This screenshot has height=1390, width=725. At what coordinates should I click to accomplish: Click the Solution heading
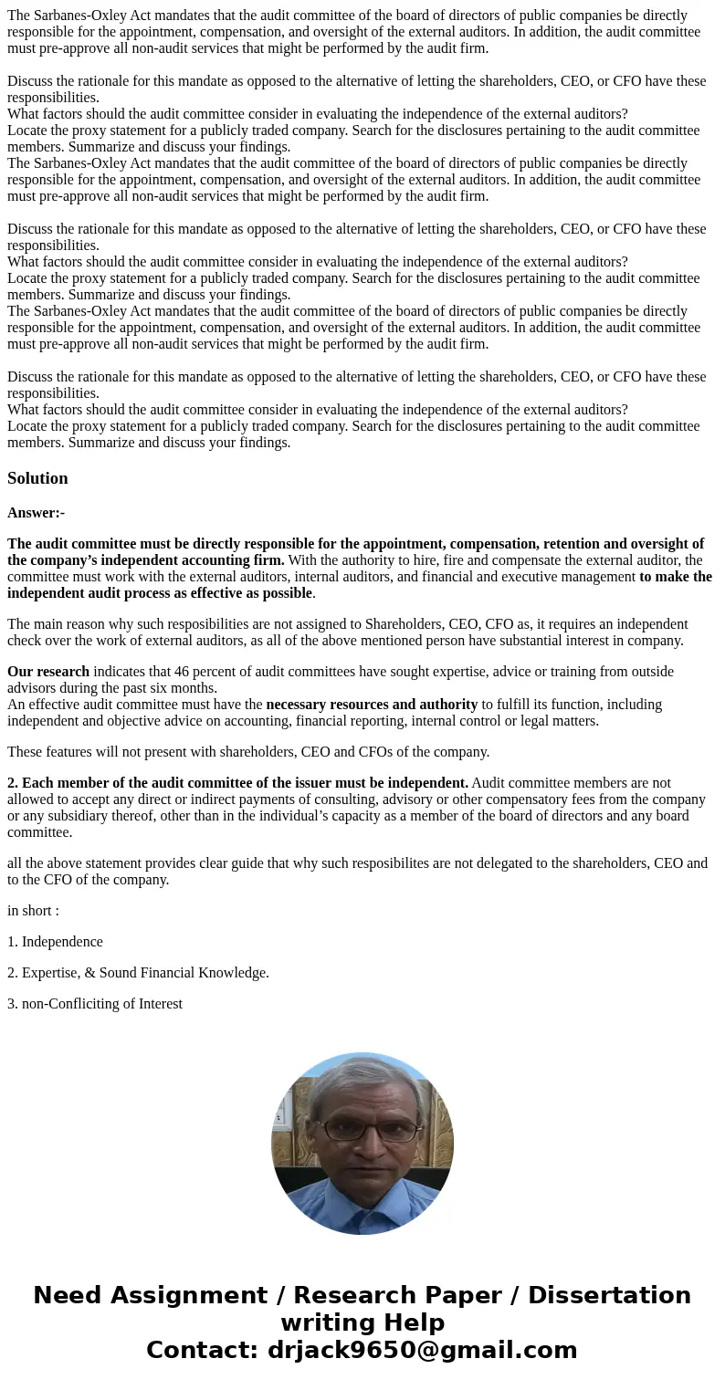point(37,478)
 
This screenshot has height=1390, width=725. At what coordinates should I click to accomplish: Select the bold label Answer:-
point(36,513)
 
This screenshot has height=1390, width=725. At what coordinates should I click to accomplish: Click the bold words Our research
point(48,672)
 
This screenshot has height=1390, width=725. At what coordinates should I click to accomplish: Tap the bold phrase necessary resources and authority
point(371,705)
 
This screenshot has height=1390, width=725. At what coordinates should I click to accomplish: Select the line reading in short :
point(33,911)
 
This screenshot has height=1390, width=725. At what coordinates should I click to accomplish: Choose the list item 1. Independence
point(55,942)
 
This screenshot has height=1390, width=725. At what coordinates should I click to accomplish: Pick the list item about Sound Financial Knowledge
point(138,973)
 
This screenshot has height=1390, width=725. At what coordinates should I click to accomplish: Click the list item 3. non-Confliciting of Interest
point(95,1004)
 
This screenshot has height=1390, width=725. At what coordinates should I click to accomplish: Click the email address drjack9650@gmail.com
point(422,1350)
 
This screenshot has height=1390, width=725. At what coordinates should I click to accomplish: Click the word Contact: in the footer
point(202,1350)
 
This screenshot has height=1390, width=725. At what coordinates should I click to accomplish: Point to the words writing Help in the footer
point(362,1322)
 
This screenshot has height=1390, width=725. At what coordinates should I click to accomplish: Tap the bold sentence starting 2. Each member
point(237,783)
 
